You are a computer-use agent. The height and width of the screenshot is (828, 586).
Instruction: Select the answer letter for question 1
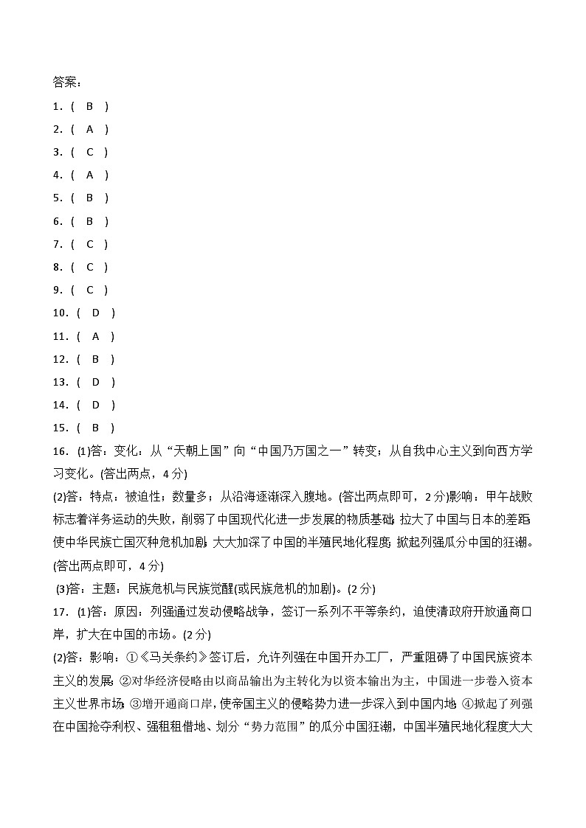click(x=89, y=106)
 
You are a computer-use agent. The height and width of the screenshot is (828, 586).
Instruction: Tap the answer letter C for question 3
click(x=89, y=152)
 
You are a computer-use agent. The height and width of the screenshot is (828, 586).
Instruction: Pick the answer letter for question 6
click(x=89, y=221)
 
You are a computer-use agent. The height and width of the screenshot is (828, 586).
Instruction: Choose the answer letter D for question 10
click(x=95, y=313)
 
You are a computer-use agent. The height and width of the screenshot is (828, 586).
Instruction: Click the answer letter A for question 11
click(x=95, y=336)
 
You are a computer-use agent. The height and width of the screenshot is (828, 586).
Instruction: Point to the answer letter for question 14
click(x=95, y=405)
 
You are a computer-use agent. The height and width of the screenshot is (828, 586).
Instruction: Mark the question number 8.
click(x=57, y=267)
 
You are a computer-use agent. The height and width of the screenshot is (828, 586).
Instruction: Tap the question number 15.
click(x=60, y=428)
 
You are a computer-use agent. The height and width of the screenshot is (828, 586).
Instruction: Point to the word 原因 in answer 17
click(x=121, y=612)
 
